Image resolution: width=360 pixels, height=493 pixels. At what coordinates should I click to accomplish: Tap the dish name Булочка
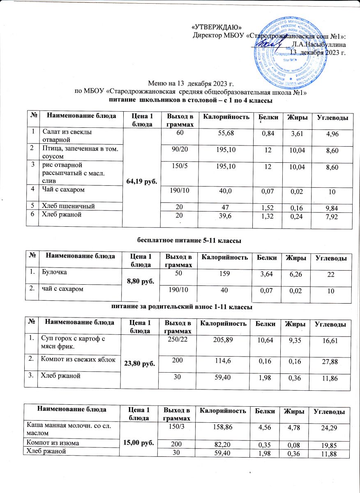tap(53, 272)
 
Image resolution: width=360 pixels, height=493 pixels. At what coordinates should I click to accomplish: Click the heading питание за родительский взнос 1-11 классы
tap(181, 306)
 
